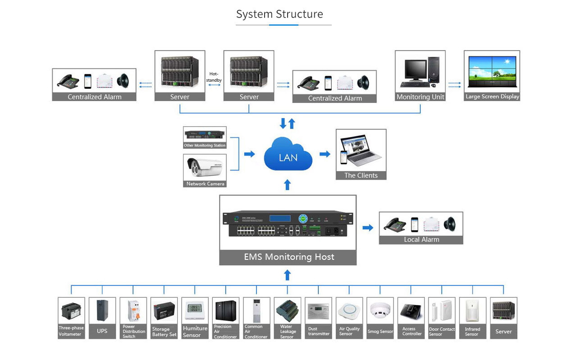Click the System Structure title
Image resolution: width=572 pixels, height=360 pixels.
279,14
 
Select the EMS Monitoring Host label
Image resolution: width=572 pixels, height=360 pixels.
288,257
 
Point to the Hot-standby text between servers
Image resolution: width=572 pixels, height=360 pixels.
214,77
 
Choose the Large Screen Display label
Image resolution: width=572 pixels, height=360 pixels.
492,97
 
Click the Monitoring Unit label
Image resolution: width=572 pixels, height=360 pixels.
420,97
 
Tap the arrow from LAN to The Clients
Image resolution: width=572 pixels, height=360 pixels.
325,154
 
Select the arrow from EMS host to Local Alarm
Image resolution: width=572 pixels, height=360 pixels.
368,228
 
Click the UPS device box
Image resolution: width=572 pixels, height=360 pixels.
102,318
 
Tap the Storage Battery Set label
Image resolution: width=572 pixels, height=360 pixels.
164,332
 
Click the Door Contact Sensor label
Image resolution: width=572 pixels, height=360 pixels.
441,332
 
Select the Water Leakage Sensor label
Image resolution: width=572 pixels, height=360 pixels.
288,332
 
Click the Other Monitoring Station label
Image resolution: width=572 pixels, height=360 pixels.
205,145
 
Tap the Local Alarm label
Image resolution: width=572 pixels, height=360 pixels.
421,240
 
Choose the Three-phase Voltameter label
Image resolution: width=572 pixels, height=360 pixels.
71,331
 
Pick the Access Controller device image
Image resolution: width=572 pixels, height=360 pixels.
411,310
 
